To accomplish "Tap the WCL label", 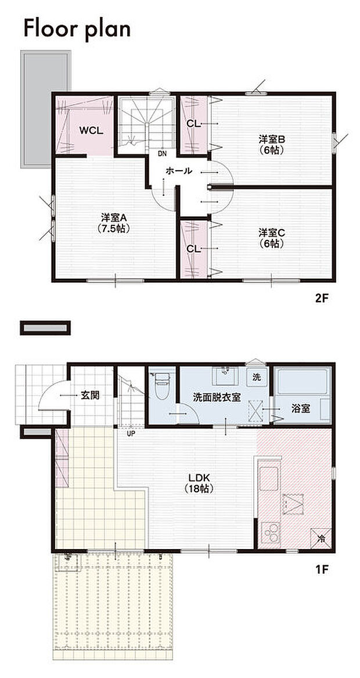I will pos(91,131).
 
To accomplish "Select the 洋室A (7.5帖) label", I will pos(114,223).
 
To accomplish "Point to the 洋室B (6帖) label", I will pos(271,144).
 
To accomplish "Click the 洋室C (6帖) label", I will pos(271,238).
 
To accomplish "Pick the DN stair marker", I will pos(162,154).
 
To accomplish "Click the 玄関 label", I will pos(90,395).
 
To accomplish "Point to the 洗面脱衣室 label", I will pos(217,397).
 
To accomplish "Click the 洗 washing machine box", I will pos(257,376).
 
